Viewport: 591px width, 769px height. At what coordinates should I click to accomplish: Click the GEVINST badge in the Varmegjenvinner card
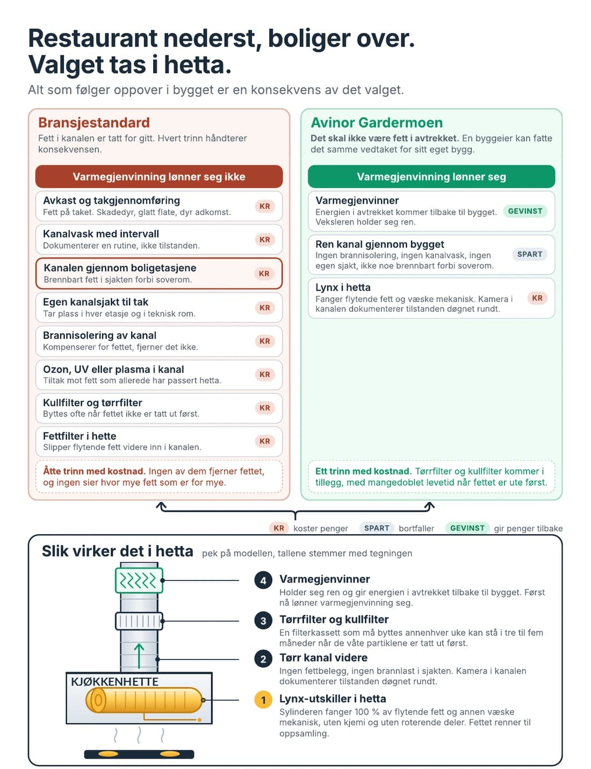(x=525, y=211)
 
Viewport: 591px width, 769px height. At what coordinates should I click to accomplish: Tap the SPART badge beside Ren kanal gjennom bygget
(x=529, y=254)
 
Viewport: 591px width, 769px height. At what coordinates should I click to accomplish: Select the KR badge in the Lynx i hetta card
(x=537, y=298)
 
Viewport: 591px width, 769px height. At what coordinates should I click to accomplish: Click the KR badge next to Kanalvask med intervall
(x=264, y=240)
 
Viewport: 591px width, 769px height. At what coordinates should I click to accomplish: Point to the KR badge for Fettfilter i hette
(x=264, y=441)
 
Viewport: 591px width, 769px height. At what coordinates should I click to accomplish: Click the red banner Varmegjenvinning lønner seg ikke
(x=159, y=176)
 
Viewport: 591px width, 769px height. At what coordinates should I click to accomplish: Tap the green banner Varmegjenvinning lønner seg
(x=431, y=176)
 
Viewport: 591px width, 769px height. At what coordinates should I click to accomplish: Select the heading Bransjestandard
(x=93, y=123)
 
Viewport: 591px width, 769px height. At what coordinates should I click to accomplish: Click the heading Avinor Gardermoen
(x=376, y=123)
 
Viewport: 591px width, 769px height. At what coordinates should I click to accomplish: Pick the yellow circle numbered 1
(x=263, y=700)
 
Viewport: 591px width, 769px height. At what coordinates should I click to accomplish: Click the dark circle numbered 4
(x=263, y=580)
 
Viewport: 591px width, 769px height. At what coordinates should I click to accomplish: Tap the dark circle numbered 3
(x=263, y=621)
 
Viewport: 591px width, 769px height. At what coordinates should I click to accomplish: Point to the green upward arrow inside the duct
(x=139, y=656)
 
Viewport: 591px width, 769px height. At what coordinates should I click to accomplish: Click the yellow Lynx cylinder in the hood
(x=144, y=700)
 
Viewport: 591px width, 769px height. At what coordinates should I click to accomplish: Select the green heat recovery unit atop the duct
(x=139, y=580)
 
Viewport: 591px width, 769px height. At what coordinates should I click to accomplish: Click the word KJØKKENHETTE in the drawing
(x=114, y=681)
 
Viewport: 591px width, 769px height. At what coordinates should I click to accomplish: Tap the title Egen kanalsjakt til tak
(x=96, y=302)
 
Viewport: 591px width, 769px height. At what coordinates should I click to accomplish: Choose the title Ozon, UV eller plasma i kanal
(x=113, y=369)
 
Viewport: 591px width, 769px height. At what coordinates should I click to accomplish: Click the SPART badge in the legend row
(x=377, y=528)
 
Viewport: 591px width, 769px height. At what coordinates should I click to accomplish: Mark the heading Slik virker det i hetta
(x=118, y=551)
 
